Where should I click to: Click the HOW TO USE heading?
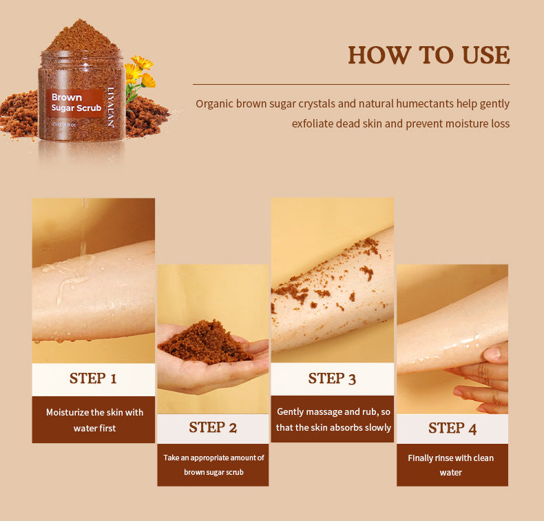click(x=428, y=55)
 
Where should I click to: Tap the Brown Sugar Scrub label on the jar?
click(x=76, y=103)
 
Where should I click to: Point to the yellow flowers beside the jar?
click(x=140, y=72)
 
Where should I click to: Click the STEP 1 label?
click(x=93, y=378)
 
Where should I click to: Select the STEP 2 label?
click(x=213, y=428)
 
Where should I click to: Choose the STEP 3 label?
click(x=332, y=378)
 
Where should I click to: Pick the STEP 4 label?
click(x=452, y=429)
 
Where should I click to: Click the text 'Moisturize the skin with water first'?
click(x=94, y=420)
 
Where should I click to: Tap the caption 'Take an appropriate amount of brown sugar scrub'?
click(x=213, y=464)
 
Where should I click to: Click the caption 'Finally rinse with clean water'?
click(x=451, y=464)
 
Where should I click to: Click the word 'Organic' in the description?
click(x=214, y=104)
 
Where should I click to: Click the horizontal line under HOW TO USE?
click(x=351, y=84)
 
